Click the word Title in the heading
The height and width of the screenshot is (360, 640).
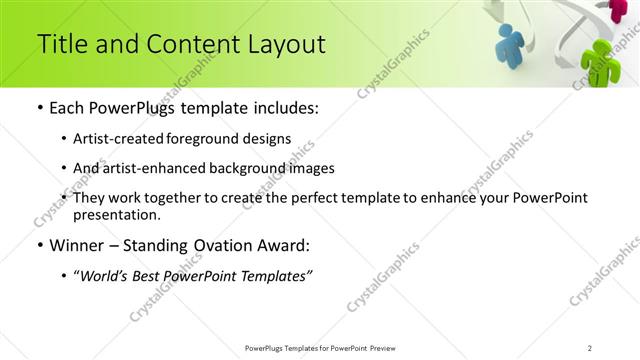[61, 44]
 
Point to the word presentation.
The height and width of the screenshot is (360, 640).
[116, 214]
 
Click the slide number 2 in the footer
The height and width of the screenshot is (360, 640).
[589, 348]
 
